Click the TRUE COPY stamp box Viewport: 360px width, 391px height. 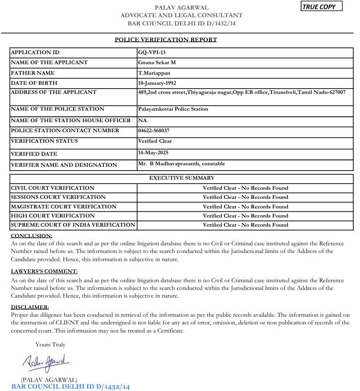322,7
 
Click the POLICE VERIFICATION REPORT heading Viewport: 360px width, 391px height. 166,39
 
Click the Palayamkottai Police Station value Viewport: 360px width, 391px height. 173,109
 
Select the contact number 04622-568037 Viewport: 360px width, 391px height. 154,130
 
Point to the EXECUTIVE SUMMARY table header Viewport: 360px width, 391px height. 181,178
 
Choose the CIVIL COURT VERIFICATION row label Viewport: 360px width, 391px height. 53,188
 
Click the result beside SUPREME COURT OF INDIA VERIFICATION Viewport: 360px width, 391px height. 245,225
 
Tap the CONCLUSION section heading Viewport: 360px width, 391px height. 31,236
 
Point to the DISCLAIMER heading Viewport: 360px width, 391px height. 30,307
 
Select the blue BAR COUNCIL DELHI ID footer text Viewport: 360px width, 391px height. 71,386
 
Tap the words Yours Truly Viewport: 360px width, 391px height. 50,344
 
